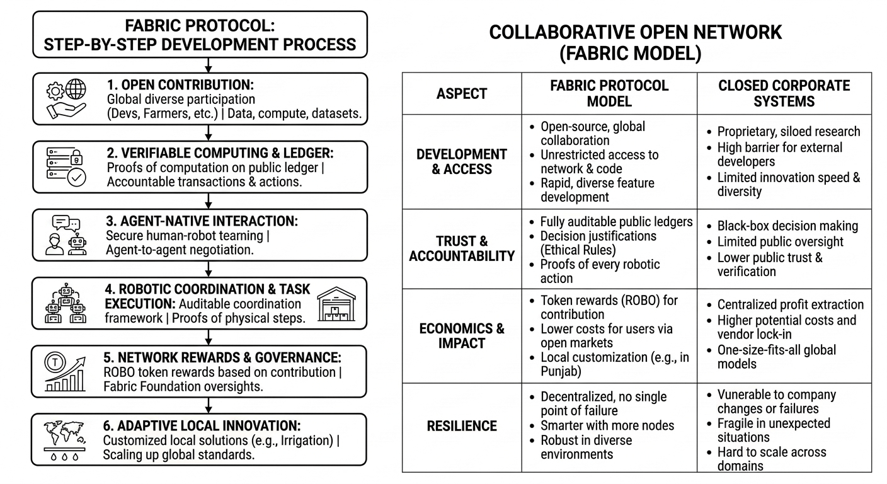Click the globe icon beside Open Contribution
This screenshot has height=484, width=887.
(x=76, y=89)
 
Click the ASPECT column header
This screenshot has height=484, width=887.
(x=462, y=93)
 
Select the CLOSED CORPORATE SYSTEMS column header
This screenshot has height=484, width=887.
(x=784, y=93)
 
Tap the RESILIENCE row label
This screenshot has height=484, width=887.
(x=462, y=426)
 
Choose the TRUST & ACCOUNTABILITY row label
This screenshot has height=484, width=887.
(x=462, y=248)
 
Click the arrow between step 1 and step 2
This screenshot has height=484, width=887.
(x=209, y=132)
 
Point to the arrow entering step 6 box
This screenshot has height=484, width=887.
(x=209, y=405)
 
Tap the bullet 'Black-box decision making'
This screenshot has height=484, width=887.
(x=787, y=226)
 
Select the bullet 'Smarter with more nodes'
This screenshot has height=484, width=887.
(x=607, y=425)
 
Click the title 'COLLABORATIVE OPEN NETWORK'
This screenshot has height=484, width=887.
(x=636, y=33)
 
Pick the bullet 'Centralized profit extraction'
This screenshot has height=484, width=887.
(x=790, y=304)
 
